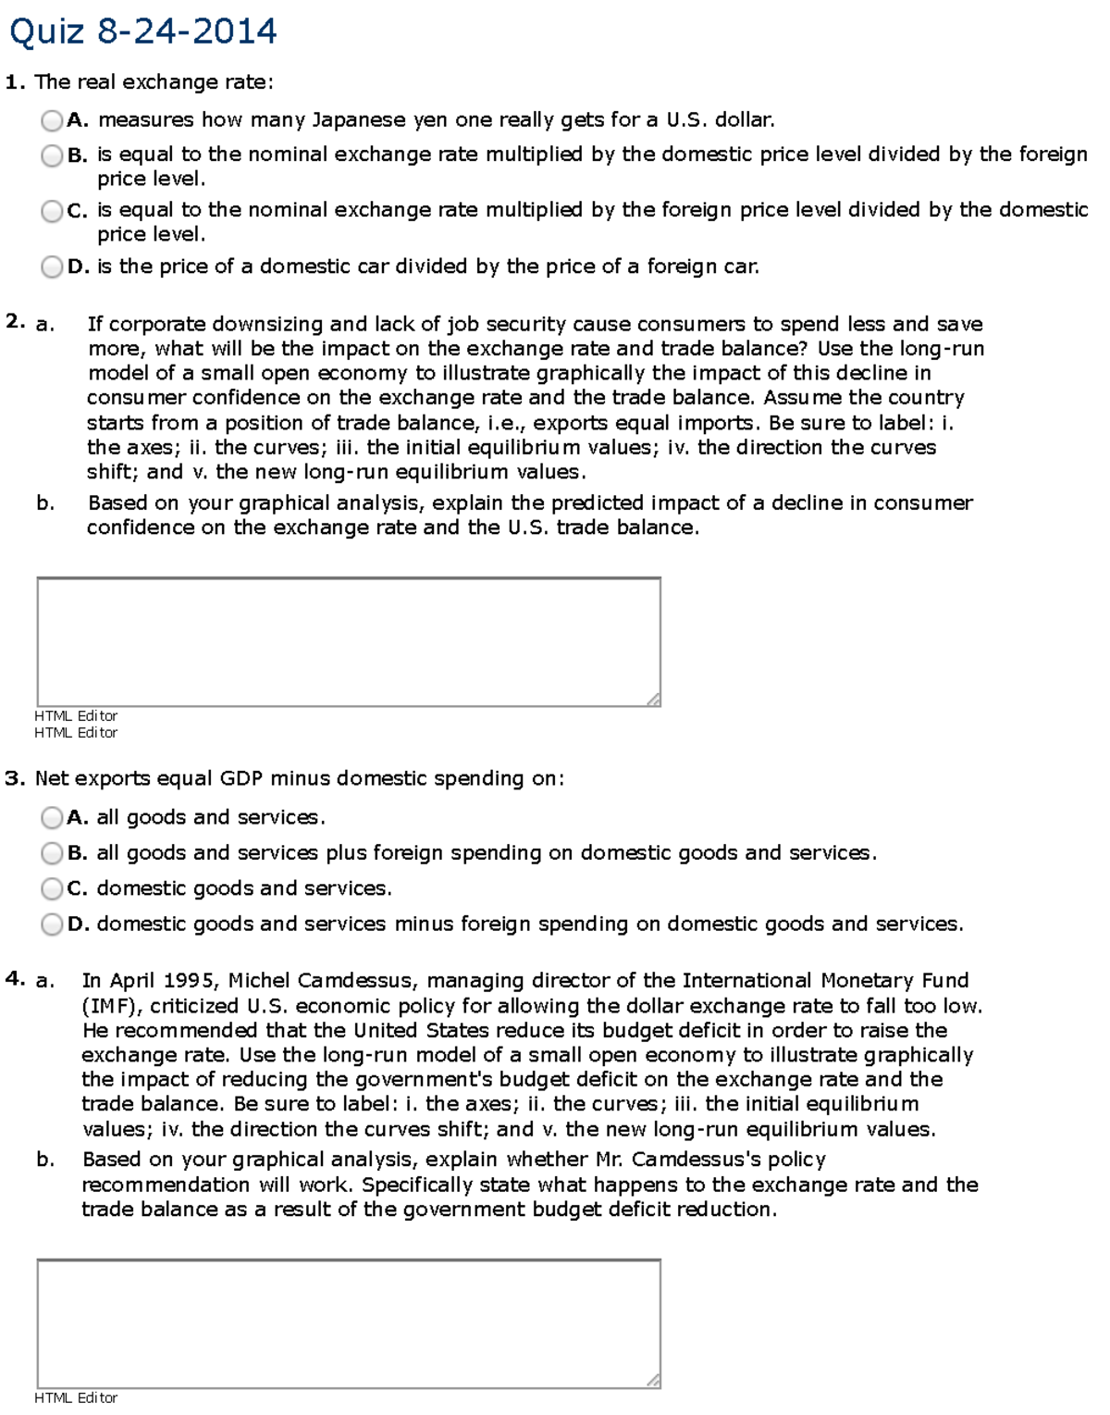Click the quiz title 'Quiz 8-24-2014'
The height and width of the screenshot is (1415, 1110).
pos(142,32)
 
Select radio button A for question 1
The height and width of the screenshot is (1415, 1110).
pos(52,120)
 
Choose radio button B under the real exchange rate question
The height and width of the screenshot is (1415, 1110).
pos(52,155)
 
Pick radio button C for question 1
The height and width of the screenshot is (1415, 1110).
pos(52,211)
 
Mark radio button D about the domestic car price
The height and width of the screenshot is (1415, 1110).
pos(52,267)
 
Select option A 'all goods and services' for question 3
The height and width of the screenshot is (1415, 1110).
pos(52,818)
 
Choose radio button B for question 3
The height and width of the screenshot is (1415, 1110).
pos(52,853)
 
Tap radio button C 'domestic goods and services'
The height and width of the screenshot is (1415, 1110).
pos(52,888)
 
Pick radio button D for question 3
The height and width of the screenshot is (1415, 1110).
pos(52,925)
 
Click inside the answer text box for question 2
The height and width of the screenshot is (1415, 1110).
pos(348,641)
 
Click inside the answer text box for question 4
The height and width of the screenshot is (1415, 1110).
pos(348,1322)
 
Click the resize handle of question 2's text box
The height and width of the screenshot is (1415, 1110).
pos(654,700)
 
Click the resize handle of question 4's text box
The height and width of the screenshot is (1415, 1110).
pos(654,1381)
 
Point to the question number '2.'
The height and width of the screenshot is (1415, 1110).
pos(15,322)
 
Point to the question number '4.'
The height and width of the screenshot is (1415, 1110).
pos(15,979)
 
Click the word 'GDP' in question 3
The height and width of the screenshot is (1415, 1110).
pos(241,779)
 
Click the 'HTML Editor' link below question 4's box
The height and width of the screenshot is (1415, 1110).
pos(76,1398)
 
